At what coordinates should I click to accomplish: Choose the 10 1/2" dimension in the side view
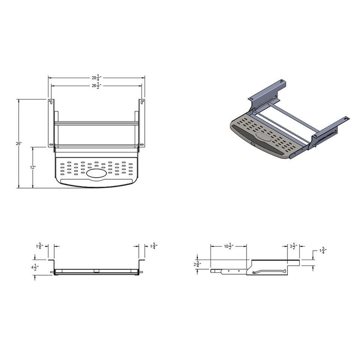[x=229, y=247]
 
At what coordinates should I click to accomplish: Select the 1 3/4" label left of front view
[x=39, y=246]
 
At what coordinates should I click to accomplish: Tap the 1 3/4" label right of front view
[x=153, y=246]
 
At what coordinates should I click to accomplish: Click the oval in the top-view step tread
[x=96, y=174]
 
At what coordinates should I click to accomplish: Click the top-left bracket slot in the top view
[x=50, y=102]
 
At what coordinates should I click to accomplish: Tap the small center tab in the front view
[x=96, y=270]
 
